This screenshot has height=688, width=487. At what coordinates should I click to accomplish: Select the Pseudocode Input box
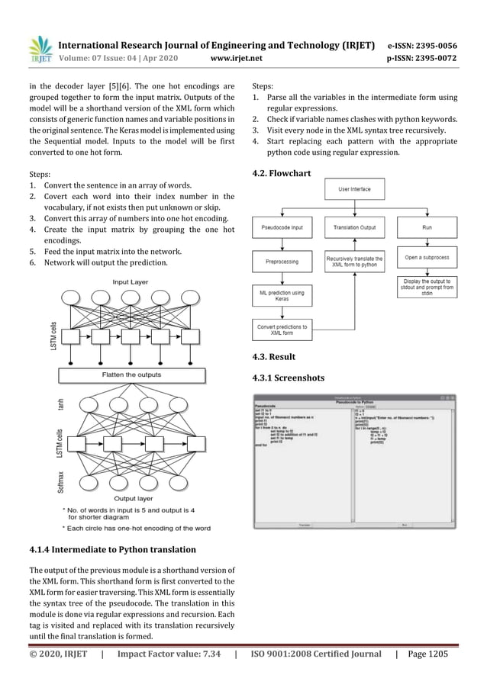(x=282, y=227)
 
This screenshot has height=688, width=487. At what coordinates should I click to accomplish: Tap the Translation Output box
(x=355, y=227)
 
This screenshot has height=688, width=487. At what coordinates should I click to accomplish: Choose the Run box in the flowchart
(x=427, y=227)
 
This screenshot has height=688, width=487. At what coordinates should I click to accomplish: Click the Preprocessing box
(x=282, y=262)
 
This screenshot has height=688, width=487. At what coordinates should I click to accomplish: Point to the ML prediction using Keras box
(x=282, y=295)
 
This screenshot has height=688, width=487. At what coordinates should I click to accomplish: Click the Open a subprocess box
(x=427, y=258)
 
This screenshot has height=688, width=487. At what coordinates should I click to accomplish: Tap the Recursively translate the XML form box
(x=355, y=262)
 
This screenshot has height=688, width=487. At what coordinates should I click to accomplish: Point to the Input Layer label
(x=131, y=282)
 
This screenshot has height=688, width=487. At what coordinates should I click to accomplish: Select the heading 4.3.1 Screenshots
(x=288, y=378)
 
